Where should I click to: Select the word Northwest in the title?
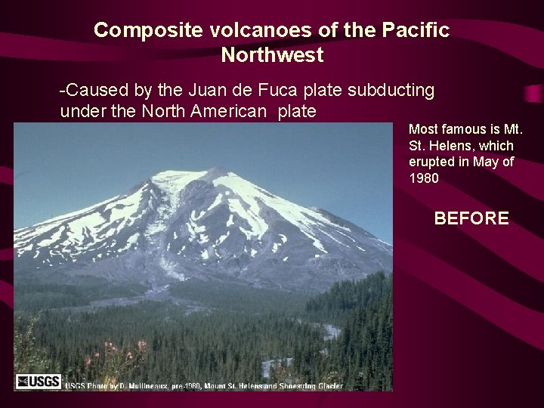coord(272,55)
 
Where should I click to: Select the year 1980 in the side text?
coord(423,179)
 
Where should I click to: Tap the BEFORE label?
coord(471,219)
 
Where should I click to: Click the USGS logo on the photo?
coord(38,382)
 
